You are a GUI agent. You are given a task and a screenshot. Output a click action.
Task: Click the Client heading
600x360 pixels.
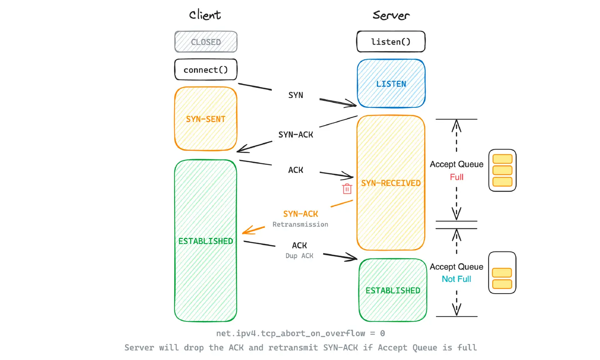coord(205,15)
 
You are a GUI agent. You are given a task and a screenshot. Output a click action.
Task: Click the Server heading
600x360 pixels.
coord(391,15)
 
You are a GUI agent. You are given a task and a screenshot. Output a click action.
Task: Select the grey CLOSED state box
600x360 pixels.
coord(206,42)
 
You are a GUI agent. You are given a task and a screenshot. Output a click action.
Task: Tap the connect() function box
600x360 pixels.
coord(206,70)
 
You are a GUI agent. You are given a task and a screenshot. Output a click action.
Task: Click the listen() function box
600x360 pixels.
coord(391,42)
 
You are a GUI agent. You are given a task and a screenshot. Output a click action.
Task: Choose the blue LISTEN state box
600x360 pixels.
coord(391,84)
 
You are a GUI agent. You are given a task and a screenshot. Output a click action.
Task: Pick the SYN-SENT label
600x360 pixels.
coord(206,119)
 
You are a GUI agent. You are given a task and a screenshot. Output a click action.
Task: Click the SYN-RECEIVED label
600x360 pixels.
coord(391,183)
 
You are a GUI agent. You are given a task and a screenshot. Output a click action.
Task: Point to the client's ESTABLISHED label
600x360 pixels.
coord(206,241)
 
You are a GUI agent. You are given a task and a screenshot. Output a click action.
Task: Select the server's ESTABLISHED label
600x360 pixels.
coord(393,290)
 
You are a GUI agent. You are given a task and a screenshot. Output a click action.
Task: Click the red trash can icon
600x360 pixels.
coord(347,189)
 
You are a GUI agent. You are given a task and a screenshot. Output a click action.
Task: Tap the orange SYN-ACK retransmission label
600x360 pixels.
coord(300,214)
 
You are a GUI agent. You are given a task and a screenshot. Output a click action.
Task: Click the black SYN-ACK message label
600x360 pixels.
coord(296,135)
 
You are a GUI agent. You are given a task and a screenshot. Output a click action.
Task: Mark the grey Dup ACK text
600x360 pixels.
coord(299,256)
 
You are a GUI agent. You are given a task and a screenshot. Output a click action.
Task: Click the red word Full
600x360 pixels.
coord(456,177)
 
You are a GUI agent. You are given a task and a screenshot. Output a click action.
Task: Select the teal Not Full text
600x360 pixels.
coord(456,279)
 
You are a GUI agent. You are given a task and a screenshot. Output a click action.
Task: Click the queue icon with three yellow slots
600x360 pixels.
coord(502,170)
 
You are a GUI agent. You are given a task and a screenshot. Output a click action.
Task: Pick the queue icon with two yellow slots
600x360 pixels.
coord(502,273)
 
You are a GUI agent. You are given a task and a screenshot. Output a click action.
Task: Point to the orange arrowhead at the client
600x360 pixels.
coord(247,231)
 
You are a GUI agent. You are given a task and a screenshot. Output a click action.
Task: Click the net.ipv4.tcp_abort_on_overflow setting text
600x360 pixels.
coord(300,333)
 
